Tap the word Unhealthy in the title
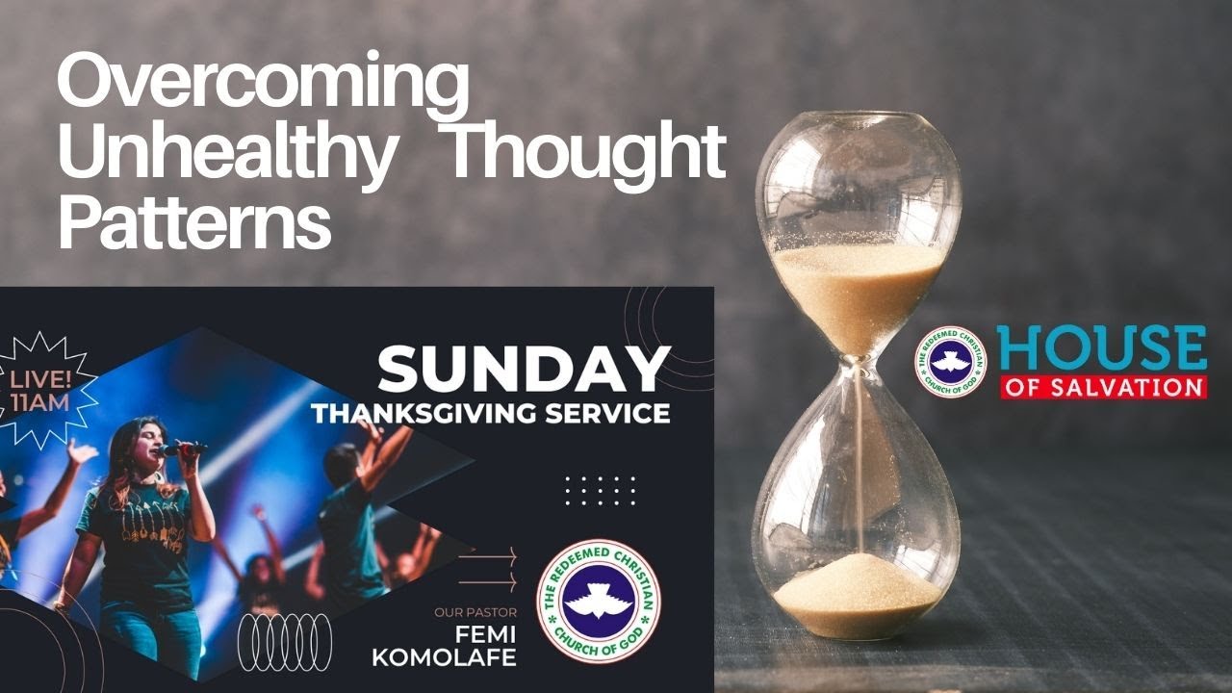pos(225,154)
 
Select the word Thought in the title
pos(587,152)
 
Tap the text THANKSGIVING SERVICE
pos(490,414)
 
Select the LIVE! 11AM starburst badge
pos(39,388)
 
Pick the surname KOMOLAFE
pos(457,658)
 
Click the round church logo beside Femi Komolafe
pos(599,602)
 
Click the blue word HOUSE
pos(1101,348)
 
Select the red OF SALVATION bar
pos(1103,387)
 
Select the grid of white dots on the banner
pos(600,490)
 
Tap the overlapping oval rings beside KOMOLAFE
pos(285,642)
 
